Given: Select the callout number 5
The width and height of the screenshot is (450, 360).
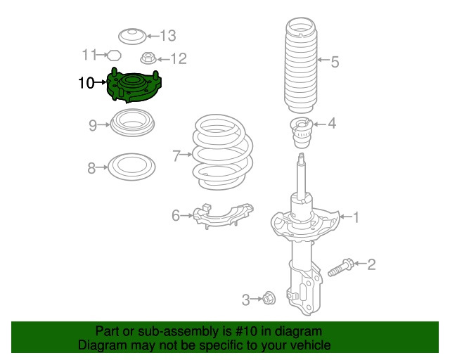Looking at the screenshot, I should coord(335,62).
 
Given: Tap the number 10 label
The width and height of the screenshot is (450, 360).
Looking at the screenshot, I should coord(86,84).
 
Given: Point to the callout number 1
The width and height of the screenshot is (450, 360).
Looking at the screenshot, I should coord(356,218).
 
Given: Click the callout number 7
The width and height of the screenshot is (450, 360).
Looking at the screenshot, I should coord(176,153).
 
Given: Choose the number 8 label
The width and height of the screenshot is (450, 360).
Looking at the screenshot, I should coord(91,168).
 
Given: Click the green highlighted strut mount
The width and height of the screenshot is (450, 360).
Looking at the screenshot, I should coord(135,87).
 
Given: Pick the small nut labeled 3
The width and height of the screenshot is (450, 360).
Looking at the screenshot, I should coord(268,300).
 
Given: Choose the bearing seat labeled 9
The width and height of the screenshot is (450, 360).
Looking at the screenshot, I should coord(132,124).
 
